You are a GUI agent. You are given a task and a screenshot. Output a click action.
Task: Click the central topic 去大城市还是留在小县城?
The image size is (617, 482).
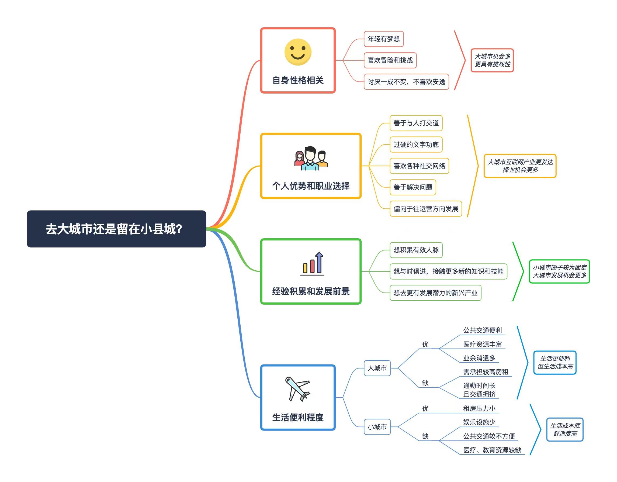[x=116, y=229]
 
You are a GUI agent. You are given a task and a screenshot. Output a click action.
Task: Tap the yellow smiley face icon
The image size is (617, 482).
[x=298, y=52]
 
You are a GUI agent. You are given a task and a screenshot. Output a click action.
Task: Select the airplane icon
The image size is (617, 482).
[x=297, y=389]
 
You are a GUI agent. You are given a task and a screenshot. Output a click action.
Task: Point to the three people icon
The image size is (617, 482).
[x=310, y=159]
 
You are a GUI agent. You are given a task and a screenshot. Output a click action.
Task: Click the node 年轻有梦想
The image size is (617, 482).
[x=383, y=39]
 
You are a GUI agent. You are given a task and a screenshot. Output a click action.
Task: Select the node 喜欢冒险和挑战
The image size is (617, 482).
[x=390, y=60]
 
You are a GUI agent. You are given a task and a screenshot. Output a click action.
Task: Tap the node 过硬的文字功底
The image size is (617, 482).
[x=416, y=144]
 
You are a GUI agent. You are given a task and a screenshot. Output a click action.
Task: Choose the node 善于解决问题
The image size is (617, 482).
[x=413, y=187]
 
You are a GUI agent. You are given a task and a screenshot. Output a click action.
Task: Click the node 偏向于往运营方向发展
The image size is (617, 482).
[x=425, y=209]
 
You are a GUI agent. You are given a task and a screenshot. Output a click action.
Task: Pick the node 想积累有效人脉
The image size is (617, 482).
[x=416, y=250]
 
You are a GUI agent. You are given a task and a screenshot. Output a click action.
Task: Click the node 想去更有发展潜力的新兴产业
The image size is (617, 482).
[x=435, y=292]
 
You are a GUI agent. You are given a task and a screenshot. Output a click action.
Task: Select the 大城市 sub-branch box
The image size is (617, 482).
[x=377, y=368]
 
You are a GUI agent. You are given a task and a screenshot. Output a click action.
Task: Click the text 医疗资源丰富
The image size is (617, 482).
[x=482, y=344]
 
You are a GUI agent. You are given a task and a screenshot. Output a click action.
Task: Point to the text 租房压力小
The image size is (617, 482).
[x=479, y=408]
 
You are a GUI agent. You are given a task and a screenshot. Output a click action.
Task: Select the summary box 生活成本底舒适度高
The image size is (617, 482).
[x=564, y=429]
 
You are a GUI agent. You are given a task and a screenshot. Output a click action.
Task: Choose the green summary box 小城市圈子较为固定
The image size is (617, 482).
[x=559, y=271]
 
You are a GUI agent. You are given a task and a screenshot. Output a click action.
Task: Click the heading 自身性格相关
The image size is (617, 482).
[x=298, y=80]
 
